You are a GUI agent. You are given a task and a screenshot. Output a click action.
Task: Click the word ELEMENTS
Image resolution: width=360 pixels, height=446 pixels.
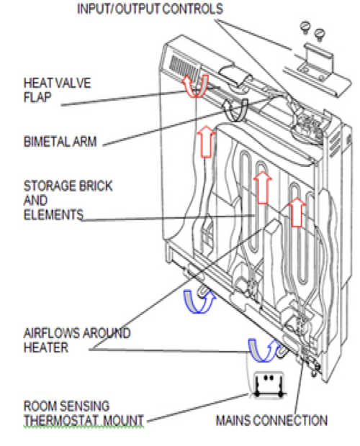[x=53, y=214]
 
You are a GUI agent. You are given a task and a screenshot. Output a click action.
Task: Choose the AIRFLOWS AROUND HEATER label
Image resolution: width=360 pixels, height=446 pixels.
[x=76, y=340]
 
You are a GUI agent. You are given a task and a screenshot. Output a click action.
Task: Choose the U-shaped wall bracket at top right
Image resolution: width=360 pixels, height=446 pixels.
[x=316, y=53]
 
